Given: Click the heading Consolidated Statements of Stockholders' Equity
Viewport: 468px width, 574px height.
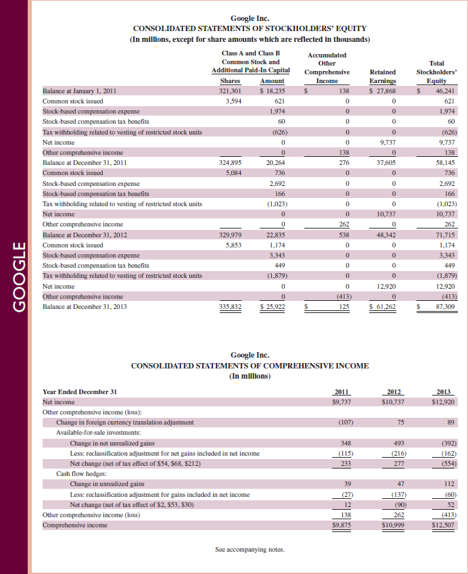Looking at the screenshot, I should point(250,28).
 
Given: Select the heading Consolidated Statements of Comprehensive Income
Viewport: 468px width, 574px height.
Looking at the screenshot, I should point(250,366).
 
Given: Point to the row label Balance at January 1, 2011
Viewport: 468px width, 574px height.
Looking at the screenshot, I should point(80,90).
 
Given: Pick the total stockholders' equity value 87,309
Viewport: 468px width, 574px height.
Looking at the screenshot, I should point(445,307).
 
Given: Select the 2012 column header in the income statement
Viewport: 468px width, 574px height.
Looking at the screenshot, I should point(393,391).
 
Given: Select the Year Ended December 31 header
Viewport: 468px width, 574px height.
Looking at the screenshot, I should point(79,391).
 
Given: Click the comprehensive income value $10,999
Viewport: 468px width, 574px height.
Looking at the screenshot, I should point(392,525).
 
